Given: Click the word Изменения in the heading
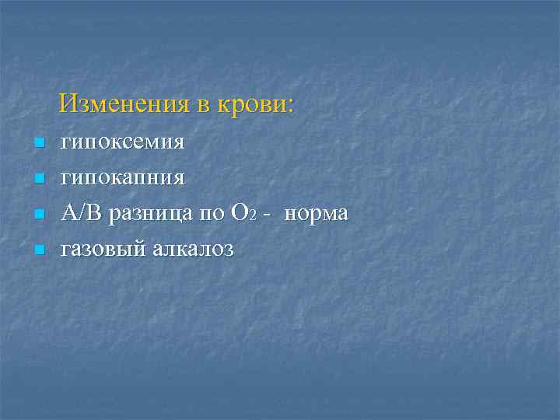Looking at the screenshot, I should [x=125, y=104].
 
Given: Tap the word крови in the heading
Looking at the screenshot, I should [x=254, y=104].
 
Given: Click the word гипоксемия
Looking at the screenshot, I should [x=123, y=143].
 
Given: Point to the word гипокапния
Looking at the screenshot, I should [x=123, y=179].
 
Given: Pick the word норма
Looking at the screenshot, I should [x=316, y=215].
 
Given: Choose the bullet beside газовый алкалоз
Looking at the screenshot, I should [x=37, y=250].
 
